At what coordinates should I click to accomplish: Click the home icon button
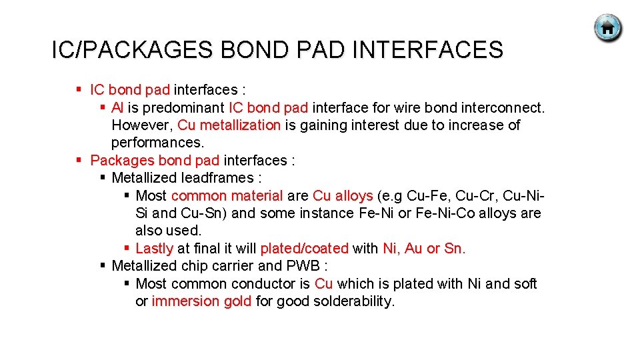607,29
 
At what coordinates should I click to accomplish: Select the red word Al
117,107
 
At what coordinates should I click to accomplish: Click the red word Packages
122,160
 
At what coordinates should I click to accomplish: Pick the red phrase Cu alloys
343,195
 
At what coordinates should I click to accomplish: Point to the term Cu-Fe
425,195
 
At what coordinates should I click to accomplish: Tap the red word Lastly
154,248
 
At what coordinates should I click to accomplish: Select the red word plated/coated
304,248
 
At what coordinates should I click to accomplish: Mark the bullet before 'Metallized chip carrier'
103,265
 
